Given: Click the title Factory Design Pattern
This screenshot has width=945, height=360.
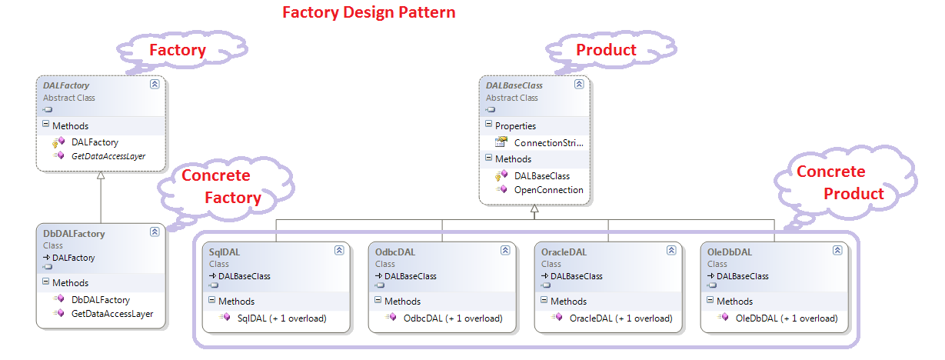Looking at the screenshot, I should (368, 13).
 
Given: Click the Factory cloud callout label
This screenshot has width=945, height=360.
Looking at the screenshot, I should (177, 51).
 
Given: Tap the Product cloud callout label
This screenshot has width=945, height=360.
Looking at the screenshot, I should (606, 50).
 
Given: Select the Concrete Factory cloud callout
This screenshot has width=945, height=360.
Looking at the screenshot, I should (221, 187).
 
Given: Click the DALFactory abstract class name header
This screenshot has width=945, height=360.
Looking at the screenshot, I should (66, 85).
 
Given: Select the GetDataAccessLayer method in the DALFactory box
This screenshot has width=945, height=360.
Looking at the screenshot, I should (108, 156).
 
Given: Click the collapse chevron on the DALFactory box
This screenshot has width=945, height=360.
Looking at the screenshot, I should (155, 85).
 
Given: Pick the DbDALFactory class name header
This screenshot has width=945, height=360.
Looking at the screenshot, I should (74, 233).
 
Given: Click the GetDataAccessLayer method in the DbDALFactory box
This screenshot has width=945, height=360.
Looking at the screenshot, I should (111, 314).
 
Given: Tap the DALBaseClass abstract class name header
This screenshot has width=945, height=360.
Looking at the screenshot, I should (514, 85).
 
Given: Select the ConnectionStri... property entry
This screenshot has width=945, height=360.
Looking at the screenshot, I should (548, 142).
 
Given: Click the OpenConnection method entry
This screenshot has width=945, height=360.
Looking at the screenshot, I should (548, 190).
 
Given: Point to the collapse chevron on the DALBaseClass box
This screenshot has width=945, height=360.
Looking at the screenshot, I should (579, 85).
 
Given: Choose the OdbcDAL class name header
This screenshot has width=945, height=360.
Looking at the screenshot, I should (396, 252).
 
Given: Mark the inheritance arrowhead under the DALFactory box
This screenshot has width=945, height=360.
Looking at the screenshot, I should (101, 176).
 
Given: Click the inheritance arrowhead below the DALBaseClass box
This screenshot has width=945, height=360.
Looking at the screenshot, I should (534, 209).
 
